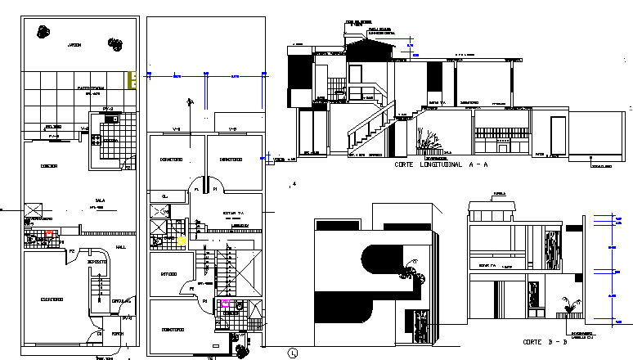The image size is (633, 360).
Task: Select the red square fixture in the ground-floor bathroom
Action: [49, 234]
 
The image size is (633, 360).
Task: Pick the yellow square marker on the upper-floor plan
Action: [182, 241]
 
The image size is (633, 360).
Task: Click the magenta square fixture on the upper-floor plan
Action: [226, 304]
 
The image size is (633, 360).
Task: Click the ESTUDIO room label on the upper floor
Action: [169, 274]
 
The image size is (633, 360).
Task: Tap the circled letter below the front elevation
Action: [292, 353]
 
